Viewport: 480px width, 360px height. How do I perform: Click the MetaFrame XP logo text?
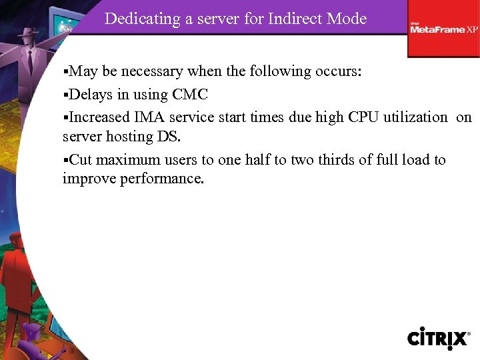[443, 29]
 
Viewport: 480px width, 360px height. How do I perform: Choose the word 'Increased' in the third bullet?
[99, 117]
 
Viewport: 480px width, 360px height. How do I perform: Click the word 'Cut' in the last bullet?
[81, 160]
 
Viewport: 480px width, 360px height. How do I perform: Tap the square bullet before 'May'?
[65, 72]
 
